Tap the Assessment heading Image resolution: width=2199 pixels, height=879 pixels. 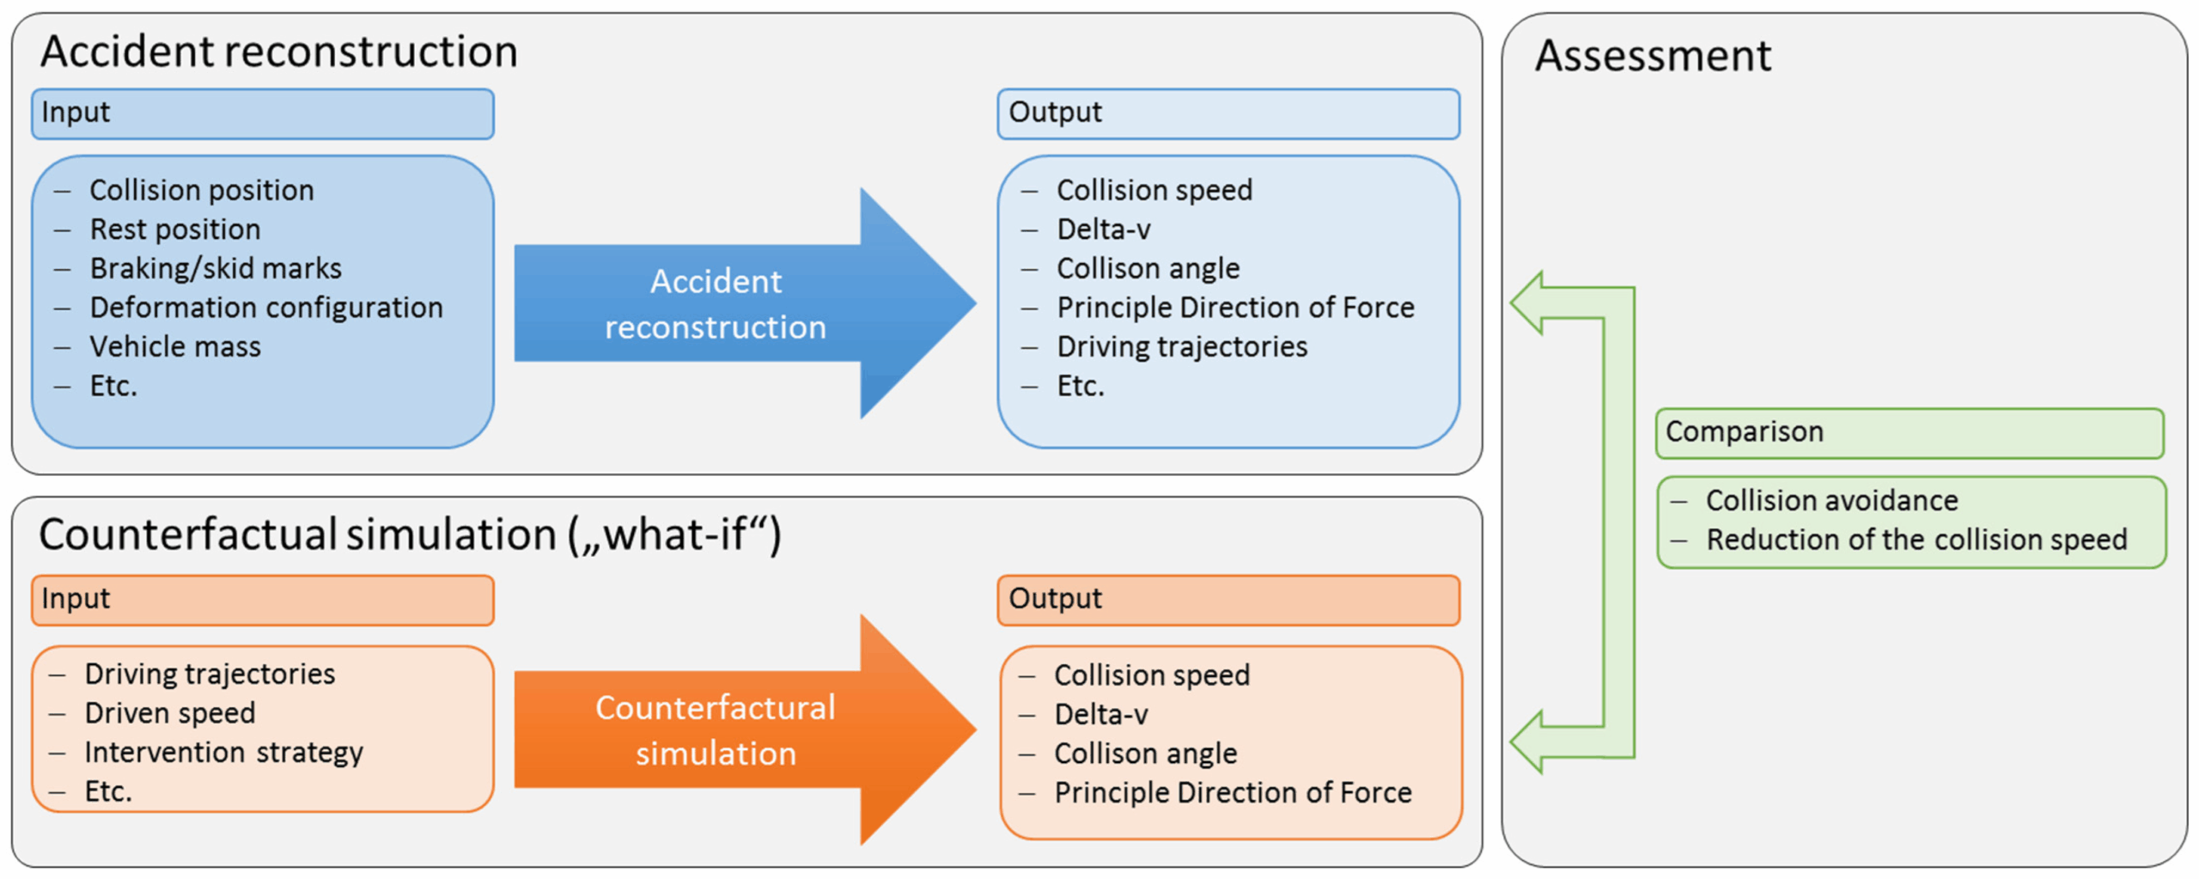(1653, 56)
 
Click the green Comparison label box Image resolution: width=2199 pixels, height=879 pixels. (1910, 433)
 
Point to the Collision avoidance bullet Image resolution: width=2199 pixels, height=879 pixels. (1831, 500)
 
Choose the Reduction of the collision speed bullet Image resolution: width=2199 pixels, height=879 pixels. (1916, 540)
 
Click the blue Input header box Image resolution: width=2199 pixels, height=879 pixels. (263, 113)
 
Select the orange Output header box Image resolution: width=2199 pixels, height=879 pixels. (1228, 600)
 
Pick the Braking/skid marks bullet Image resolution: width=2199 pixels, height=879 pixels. (216, 268)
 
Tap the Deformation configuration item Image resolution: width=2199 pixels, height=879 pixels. (266, 308)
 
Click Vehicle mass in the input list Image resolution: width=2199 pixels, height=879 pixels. (175, 346)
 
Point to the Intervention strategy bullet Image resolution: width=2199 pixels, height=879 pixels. (223, 753)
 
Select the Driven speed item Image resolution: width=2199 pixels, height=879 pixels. (170, 713)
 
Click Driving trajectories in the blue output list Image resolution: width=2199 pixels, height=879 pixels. (1182, 346)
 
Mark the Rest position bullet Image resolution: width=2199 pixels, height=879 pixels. (175, 229)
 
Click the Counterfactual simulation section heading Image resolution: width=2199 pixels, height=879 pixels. (410, 534)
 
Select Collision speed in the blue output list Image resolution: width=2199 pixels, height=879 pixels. (1154, 190)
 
